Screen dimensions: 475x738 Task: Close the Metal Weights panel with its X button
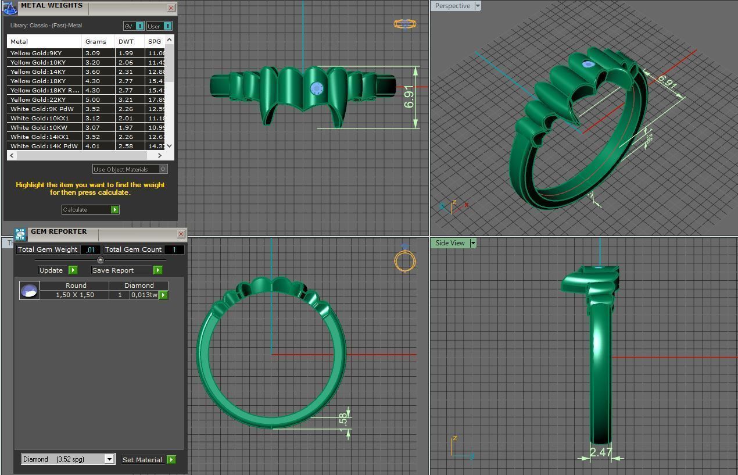[x=171, y=8]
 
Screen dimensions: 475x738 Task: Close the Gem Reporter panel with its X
[x=181, y=234]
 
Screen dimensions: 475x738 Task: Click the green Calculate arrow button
[x=114, y=210]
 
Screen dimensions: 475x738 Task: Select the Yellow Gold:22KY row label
[x=38, y=99]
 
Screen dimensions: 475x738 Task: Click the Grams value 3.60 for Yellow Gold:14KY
[x=92, y=72]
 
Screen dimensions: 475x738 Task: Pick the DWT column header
[x=126, y=42]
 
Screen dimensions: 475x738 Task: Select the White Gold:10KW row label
[x=38, y=127]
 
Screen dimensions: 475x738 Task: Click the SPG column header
[x=154, y=42]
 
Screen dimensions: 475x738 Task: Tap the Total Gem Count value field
[x=174, y=249]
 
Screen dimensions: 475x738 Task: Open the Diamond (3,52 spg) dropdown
[x=109, y=459]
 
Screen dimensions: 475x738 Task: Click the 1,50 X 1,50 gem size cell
[x=75, y=295]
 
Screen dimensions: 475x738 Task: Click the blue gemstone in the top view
[x=316, y=88]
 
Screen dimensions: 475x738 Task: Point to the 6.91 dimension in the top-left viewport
[x=409, y=97]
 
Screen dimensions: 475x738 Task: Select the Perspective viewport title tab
[x=452, y=6]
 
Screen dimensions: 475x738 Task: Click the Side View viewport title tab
[x=450, y=243]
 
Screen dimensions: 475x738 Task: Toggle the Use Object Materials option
[x=163, y=169]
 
